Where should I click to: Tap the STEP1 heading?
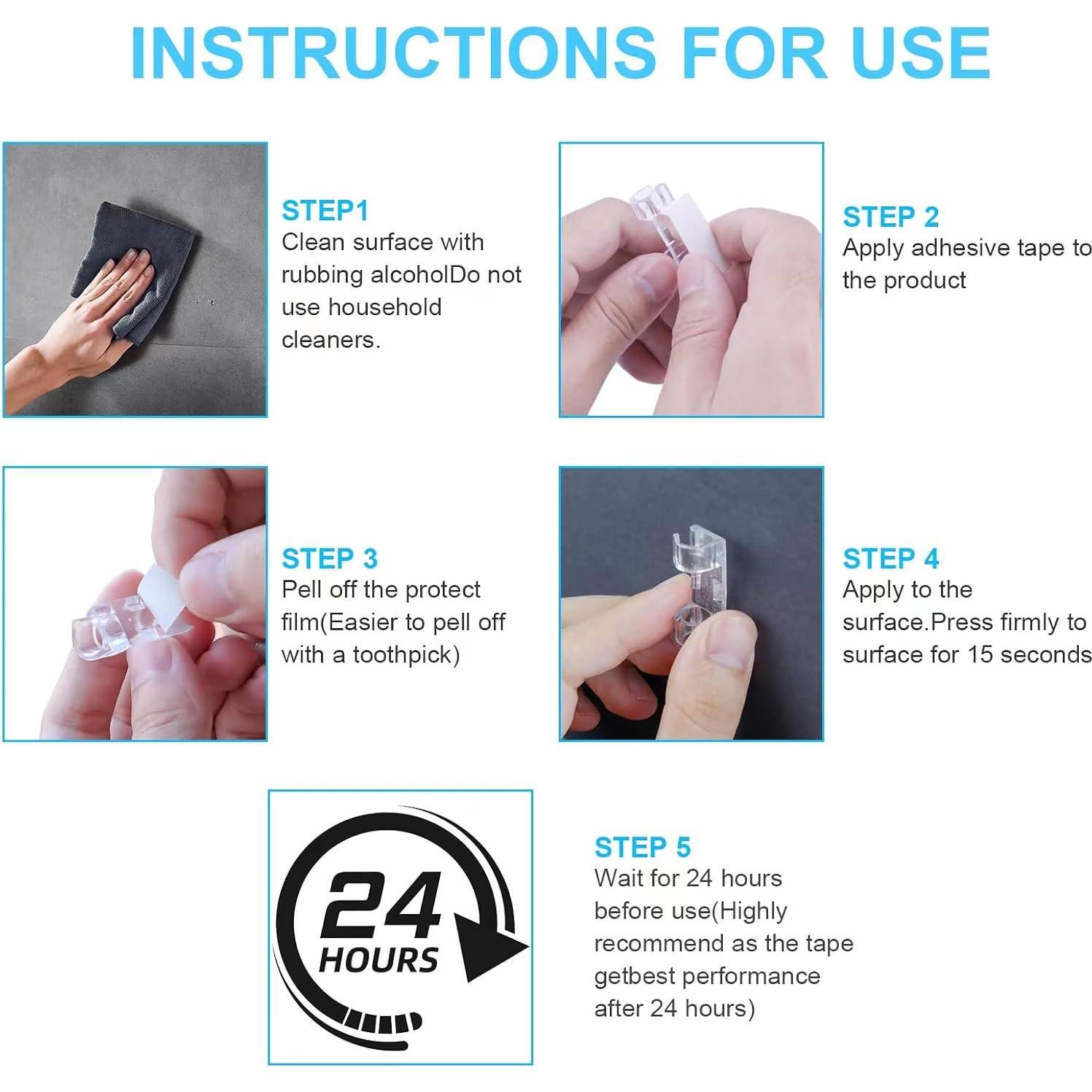coord(325,211)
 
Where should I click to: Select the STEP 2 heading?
coord(890,217)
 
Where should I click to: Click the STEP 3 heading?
coord(330,559)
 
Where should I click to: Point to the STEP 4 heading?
coord(890,559)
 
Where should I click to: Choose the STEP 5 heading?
coord(642,848)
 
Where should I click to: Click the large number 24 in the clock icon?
coord(381,906)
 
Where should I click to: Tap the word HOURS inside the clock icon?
coord(379,960)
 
